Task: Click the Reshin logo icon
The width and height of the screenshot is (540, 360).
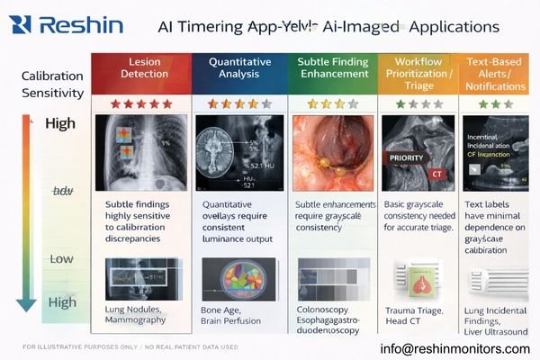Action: (x=21, y=24)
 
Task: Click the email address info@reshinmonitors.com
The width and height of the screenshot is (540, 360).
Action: (x=454, y=348)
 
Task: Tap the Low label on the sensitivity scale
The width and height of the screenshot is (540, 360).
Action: (x=61, y=259)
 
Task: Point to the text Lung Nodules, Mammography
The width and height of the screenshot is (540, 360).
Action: (x=136, y=314)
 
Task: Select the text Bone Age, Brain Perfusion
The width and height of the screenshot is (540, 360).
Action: (x=230, y=314)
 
